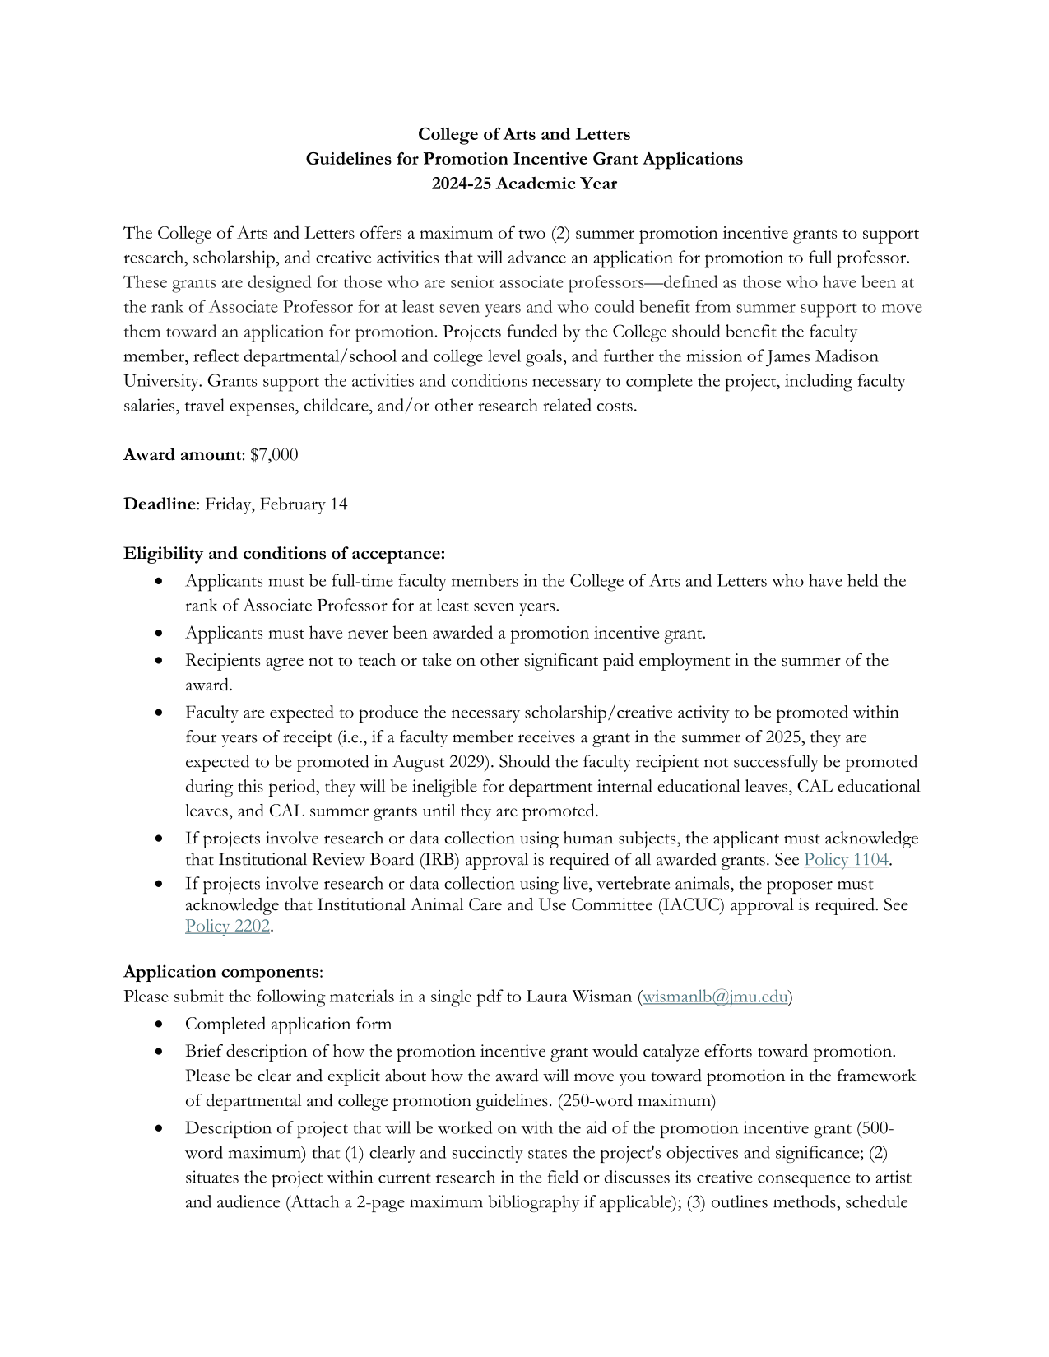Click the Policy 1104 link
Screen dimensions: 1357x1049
(846, 860)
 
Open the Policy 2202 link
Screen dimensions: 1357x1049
(227, 926)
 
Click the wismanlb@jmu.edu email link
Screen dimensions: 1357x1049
(715, 997)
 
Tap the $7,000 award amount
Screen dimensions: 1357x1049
(274, 454)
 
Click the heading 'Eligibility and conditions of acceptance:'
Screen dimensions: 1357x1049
(284, 553)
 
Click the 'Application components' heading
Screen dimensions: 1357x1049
(221, 972)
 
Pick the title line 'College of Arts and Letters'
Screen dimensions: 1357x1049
(524, 134)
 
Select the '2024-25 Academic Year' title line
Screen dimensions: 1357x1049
(524, 184)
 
